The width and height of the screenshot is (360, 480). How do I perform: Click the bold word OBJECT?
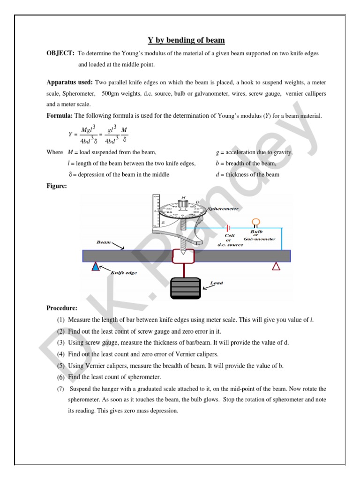tap(60, 53)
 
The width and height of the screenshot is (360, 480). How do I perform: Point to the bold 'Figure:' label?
tap(56, 186)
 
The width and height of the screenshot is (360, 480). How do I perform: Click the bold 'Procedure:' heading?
tap(62, 308)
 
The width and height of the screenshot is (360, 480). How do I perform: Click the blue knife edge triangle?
tap(96, 267)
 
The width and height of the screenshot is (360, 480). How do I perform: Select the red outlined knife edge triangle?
tap(276, 266)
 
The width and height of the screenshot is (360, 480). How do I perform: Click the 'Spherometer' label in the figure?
tap(223, 209)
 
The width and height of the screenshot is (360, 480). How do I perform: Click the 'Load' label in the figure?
tap(217, 283)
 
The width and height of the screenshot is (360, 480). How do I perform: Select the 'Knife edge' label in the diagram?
tap(124, 273)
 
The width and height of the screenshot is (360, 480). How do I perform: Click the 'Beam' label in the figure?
tap(104, 242)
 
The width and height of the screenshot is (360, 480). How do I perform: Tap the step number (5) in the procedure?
tap(61, 366)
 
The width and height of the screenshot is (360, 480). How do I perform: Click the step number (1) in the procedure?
tap(61, 320)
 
